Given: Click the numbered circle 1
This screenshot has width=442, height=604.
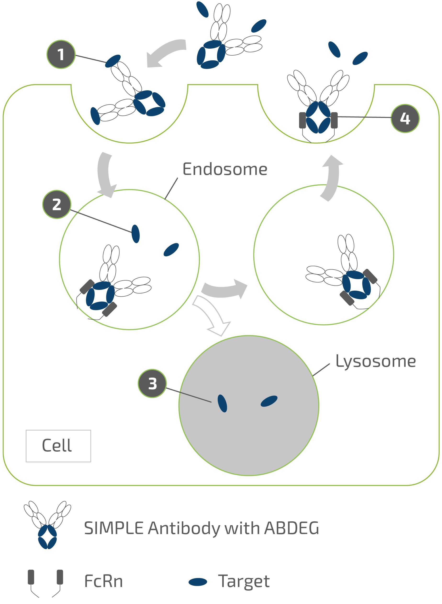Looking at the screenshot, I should point(61,55).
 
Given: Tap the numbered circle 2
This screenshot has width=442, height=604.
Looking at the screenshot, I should point(57,205).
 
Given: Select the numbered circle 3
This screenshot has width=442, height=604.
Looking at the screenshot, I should point(152,384).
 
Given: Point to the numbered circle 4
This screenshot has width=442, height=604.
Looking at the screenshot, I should point(405,118).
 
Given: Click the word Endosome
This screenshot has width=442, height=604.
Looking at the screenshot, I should point(225,169).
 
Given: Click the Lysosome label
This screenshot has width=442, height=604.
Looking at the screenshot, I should point(375,361).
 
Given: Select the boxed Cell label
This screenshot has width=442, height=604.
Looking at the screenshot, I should point(58,446).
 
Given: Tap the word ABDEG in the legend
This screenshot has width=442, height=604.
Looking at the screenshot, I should point(292,528).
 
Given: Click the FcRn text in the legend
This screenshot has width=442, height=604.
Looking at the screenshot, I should point(104,581).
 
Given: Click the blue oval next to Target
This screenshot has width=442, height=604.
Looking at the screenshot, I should point(198,582).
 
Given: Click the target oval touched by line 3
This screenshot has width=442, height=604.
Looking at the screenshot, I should point(222,403).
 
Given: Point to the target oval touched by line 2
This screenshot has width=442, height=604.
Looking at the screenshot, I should point(136,234).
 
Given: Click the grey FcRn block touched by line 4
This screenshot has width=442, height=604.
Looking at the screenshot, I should point(334,120).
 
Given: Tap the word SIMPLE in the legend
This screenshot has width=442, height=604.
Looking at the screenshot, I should point(114,528).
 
